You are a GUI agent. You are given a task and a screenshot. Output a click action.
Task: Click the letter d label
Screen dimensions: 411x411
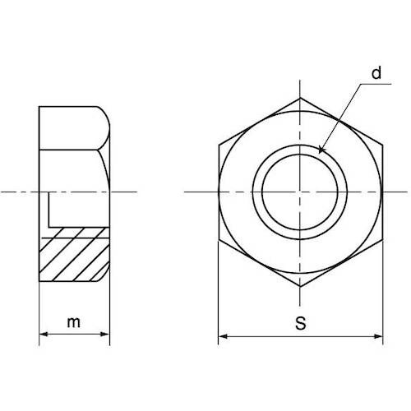coord(376,73)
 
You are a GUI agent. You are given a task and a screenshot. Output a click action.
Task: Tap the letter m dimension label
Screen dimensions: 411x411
coord(74,322)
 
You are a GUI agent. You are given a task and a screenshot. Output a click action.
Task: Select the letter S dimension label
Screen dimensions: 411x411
coord(301,323)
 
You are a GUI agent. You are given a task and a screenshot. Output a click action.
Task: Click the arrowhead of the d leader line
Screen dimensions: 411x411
coord(321,150)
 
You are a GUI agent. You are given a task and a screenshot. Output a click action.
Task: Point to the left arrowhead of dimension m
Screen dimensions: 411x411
coord(44,334)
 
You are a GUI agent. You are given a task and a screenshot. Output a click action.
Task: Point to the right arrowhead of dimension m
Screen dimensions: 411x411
coord(105,334)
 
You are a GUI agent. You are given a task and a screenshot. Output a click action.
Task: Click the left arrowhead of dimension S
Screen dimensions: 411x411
coord(223,336)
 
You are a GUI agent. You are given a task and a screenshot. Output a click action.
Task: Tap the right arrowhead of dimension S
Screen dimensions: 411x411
coord(378,336)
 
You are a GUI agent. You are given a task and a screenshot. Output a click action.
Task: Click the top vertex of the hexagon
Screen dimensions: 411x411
coord(300,98)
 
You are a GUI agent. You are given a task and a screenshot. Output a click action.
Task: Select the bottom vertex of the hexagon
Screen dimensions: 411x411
coord(300,287)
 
